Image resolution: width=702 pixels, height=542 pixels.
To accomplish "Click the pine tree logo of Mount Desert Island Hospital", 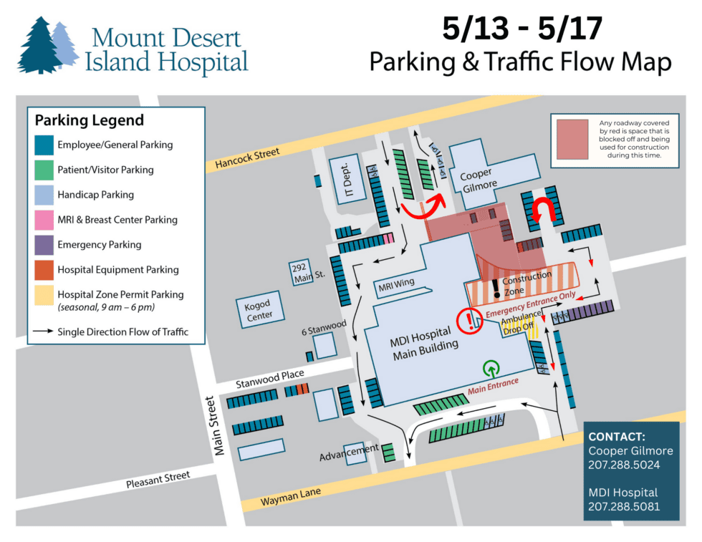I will [x=47, y=47].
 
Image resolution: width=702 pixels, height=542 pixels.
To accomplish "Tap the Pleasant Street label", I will [x=158, y=478].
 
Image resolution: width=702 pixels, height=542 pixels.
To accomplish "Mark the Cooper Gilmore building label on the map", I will [x=479, y=180].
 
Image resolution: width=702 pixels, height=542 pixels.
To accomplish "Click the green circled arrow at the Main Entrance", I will [x=491, y=369].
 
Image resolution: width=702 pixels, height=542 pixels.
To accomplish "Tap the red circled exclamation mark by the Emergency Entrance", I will [x=470, y=319].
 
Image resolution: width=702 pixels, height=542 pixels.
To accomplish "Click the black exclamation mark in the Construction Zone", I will [x=495, y=289].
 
